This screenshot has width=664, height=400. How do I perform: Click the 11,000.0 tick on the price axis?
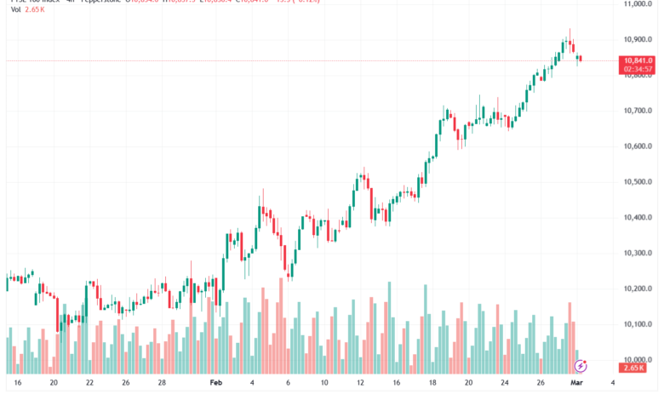pyautogui.click(x=637, y=4)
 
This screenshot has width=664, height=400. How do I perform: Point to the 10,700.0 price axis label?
pyautogui.click(x=637, y=111)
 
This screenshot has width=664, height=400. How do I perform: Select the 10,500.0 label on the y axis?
pyautogui.click(x=637, y=182)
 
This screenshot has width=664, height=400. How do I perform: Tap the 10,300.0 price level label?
pyautogui.click(x=637, y=254)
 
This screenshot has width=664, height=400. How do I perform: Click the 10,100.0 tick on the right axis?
pyautogui.click(x=637, y=324)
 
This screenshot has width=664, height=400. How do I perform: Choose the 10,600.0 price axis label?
pyautogui.click(x=637, y=146)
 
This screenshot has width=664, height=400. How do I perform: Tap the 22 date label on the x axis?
pyautogui.click(x=89, y=383)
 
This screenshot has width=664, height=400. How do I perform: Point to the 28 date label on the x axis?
pyautogui.click(x=162, y=383)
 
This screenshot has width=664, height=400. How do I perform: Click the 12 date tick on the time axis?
pyautogui.click(x=360, y=383)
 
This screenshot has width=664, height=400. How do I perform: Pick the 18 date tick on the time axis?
pyautogui.click(x=432, y=383)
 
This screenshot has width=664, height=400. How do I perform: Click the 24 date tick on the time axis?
pyautogui.click(x=504, y=383)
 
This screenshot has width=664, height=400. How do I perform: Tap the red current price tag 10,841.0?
pyautogui.click(x=638, y=60)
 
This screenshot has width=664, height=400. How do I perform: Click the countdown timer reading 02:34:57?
pyautogui.click(x=638, y=69)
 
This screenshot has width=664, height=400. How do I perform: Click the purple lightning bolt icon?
pyautogui.click(x=581, y=366)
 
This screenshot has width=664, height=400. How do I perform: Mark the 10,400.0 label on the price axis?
pyautogui.click(x=637, y=218)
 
